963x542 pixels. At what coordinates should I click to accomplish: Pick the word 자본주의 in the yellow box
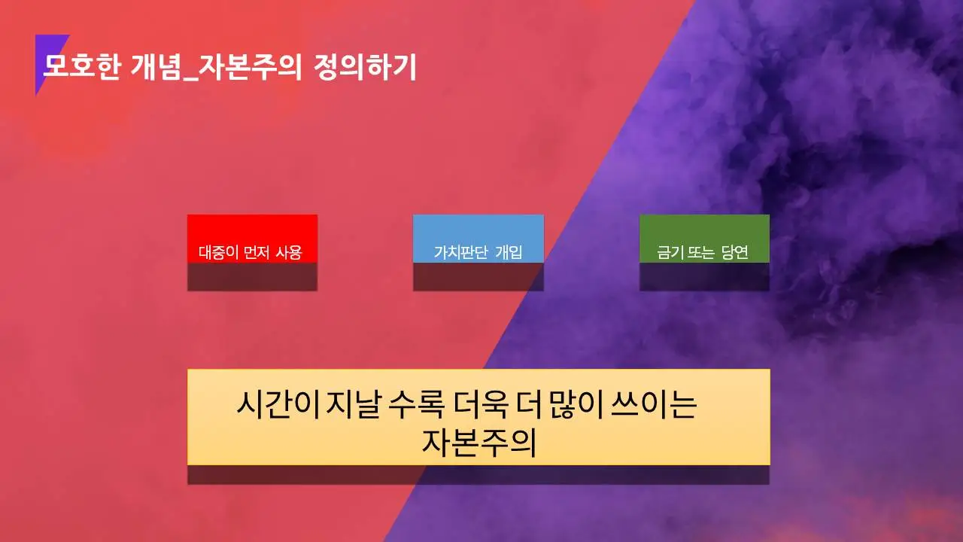478,442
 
